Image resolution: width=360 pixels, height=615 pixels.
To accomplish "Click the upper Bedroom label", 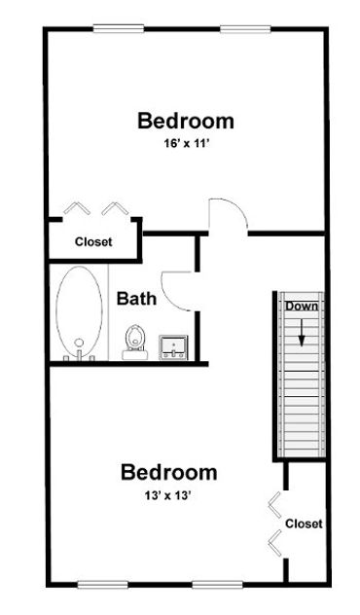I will [185, 122].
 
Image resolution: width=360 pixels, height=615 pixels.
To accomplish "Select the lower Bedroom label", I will [168, 473].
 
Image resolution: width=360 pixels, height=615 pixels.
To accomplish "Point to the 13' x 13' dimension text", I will [168, 495].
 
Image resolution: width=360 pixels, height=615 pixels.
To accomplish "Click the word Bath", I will [136, 299].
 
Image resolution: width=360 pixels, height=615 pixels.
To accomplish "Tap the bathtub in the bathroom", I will [78, 313].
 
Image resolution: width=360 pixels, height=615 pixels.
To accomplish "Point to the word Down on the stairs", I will [302, 307].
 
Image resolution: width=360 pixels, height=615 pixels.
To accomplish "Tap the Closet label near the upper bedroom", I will [93, 241].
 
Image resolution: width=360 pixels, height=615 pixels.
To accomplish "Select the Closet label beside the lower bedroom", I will [304, 524].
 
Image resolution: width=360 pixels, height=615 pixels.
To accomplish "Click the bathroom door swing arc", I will [178, 288].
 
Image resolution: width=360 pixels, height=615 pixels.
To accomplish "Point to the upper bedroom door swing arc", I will [223, 214].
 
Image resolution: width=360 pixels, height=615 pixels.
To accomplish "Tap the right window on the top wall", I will [244, 27].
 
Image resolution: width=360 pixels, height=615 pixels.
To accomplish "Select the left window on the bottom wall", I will [103, 584].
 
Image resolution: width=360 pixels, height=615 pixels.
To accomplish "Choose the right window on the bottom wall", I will [217, 584].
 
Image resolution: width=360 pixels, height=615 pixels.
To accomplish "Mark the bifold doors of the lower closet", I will [275, 524].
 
